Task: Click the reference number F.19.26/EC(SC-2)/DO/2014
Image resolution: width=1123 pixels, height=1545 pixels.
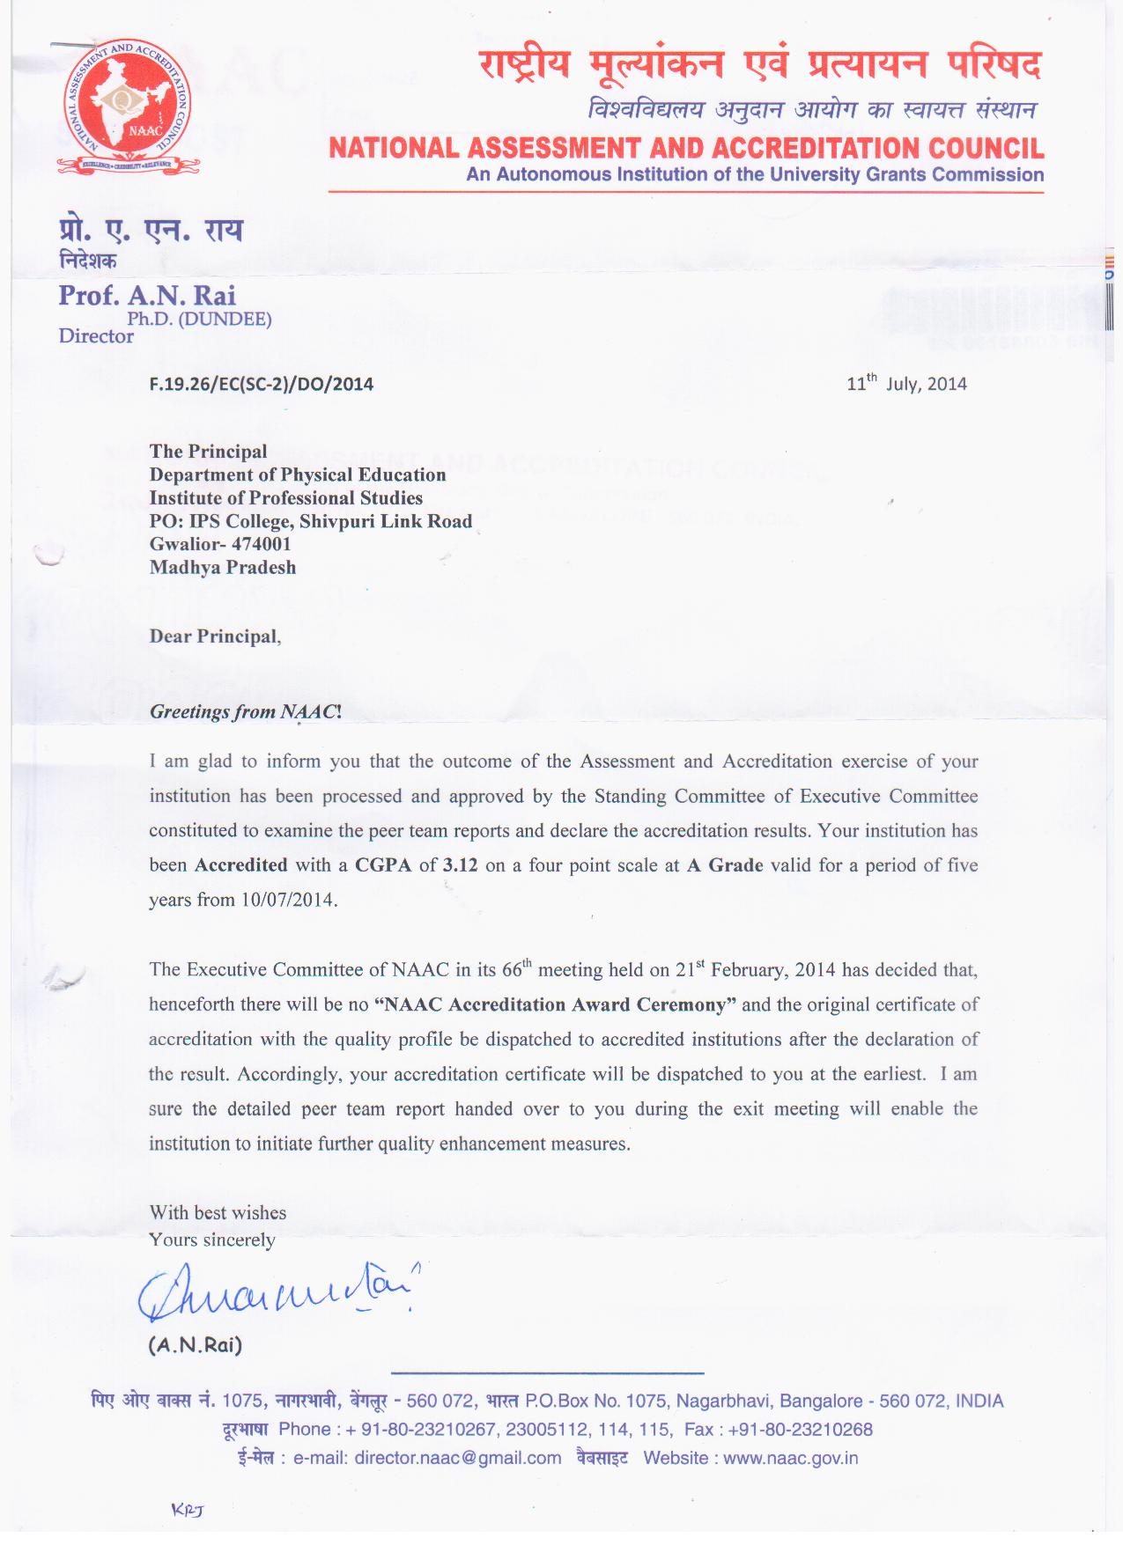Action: (x=262, y=384)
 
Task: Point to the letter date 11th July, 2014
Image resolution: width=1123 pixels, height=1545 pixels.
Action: (x=906, y=383)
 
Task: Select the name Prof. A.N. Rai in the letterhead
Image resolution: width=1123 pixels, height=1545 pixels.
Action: (x=147, y=295)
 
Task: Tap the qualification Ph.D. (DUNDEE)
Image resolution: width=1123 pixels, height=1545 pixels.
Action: (x=199, y=319)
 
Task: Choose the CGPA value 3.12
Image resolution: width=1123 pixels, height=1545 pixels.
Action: (x=460, y=865)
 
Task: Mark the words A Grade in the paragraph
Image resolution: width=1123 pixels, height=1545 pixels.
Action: (x=725, y=865)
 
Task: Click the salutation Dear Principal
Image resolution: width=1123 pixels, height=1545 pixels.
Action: (x=214, y=636)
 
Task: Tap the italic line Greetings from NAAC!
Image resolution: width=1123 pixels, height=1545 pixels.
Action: (x=246, y=711)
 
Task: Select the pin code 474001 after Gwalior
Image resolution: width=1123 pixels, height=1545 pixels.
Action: (x=262, y=544)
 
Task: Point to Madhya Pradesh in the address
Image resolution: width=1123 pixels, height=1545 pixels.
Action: (x=223, y=567)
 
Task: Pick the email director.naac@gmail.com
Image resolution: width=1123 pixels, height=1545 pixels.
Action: (x=458, y=1458)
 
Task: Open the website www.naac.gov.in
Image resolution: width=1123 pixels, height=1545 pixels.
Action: (x=790, y=1458)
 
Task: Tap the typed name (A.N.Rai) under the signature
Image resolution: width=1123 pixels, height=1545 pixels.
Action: (x=195, y=1344)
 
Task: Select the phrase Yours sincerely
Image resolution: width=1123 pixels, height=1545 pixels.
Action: (x=212, y=1240)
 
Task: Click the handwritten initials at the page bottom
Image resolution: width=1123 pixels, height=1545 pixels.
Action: (x=188, y=1510)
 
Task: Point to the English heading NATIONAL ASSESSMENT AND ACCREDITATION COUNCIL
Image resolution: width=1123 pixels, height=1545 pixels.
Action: (x=686, y=148)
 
